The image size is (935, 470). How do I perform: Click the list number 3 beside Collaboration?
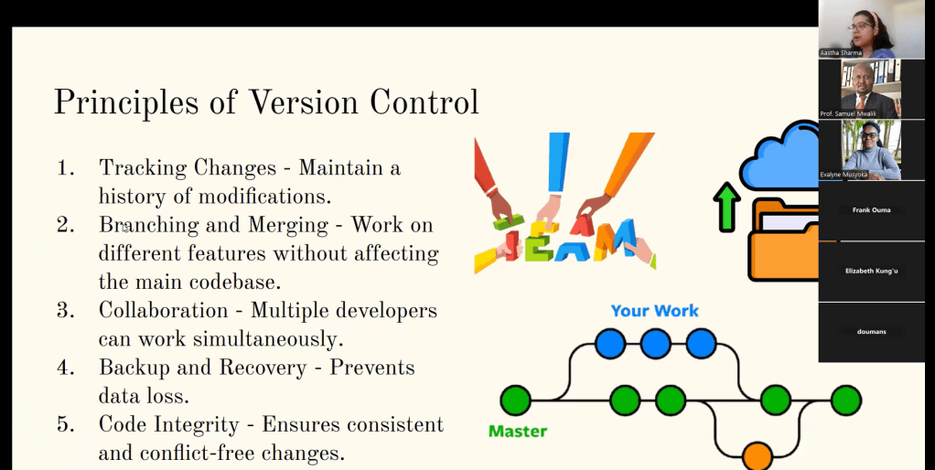(x=66, y=310)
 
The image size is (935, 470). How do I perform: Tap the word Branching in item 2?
(x=148, y=225)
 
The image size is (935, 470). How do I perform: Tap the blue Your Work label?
(x=655, y=310)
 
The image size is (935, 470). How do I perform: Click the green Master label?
(x=518, y=431)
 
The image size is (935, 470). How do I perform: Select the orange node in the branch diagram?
(x=758, y=455)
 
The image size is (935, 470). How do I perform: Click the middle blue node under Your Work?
(x=655, y=343)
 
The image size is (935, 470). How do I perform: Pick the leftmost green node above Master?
(x=515, y=401)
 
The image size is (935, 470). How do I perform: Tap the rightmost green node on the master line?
(x=845, y=401)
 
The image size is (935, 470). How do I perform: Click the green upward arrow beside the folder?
(x=727, y=206)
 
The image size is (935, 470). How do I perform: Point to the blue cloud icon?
(x=779, y=155)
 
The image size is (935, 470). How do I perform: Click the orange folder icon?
(x=783, y=240)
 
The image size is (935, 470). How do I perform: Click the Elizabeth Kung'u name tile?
(x=871, y=271)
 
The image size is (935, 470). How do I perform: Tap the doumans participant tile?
(x=871, y=332)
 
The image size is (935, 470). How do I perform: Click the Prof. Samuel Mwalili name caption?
(x=848, y=113)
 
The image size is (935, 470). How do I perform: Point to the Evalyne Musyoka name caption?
(x=844, y=175)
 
